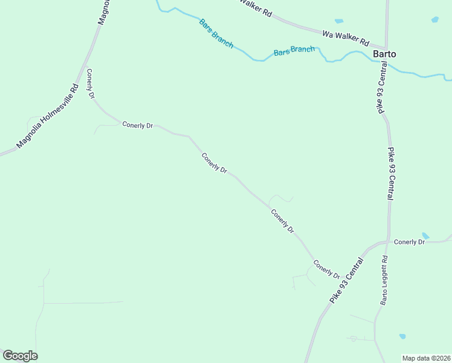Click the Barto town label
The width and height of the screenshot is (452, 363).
pos(384,54)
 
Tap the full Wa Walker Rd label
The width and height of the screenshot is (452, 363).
pos(346,39)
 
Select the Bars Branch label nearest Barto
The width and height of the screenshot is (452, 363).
pos(294,51)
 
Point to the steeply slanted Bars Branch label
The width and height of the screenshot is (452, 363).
pos(216,34)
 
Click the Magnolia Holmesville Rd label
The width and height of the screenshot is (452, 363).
pos(48,116)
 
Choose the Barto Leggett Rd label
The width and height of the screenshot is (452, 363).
pos(384,280)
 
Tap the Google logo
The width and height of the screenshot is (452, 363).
pos(20,356)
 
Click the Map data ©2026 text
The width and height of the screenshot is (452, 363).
pos(426,358)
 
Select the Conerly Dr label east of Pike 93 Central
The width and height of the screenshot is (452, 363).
pos(410,242)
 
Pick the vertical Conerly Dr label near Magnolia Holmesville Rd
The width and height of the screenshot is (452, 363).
pos(91,84)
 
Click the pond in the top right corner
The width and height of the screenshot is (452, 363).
pos(435,20)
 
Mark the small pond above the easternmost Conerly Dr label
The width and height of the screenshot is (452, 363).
pos(425,235)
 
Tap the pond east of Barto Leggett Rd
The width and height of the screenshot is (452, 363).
pos(402,336)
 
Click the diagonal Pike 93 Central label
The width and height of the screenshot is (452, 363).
pos(347,281)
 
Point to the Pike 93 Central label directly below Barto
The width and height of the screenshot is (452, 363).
pos(381,91)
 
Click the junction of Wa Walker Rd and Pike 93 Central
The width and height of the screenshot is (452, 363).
pos(386,47)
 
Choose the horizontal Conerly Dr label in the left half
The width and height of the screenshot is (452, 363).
pos(138,125)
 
